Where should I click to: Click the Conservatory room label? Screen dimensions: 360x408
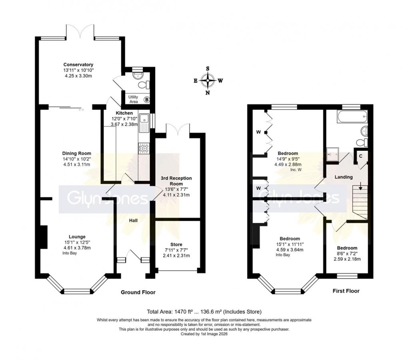tap(78, 64)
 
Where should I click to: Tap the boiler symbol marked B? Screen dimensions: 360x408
tap(147, 99)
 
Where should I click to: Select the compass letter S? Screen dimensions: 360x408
tap(208, 68)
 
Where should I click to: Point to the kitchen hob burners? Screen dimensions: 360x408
tap(144, 149)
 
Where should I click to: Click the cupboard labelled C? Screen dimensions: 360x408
tap(360, 156)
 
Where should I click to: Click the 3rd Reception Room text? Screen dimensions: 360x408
tap(176, 181)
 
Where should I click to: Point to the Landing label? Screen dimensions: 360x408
tap(344, 177)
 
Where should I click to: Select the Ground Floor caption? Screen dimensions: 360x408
tap(138, 292)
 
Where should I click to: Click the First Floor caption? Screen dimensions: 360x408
tap(346, 291)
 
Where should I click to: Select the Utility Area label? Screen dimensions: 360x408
tap(133, 99)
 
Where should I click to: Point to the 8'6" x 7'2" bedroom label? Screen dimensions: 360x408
tap(347, 253)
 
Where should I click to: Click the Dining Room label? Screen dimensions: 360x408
tap(76, 153)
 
